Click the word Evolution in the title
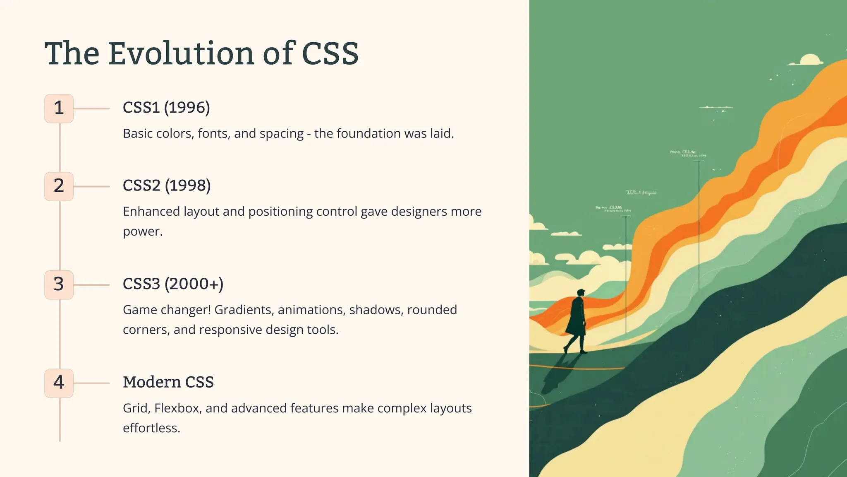pyautogui.click(x=181, y=54)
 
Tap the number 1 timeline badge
pyautogui.click(x=59, y=108)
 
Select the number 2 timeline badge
pyautogui.click(x=59, y=186)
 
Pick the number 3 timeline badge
pyautogui.click(x=59, y=285)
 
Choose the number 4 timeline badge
pyautogui.click(x=59, y=383)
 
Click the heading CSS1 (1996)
pyautogui.click(x=166, y=108)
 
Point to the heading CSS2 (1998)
pyautogui.click(x=167, y=185)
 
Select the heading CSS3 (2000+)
pyautogui.click(x=173, y=284)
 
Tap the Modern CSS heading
pyautogui.click(x=168, y=382)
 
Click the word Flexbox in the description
pyautogui.click(x=178, y=408)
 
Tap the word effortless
pyautogui.click(x=151, y=428)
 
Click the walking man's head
pyautogui.click(x=581, y=293)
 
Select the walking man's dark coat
pyautogui.click(x=577, y=317)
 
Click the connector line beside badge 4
pyautogui.click(x=91, y=383)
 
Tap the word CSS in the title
pyautogui.click(x=330, y=54)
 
